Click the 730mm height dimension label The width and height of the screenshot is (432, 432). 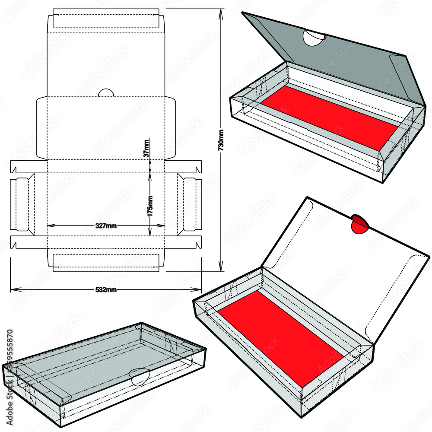click(x=221, y=140)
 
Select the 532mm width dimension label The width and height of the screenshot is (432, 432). click(x=105, y=289)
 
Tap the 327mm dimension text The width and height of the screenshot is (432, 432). click(x=105, y=225)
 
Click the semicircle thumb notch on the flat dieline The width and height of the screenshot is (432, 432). click(x=106, y=92)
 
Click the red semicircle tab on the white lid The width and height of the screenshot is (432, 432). click(x=359, y=225)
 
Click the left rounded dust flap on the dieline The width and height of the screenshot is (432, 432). click(x=41, y=128)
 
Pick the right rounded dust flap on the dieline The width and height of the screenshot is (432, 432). click(x=170, y=128)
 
